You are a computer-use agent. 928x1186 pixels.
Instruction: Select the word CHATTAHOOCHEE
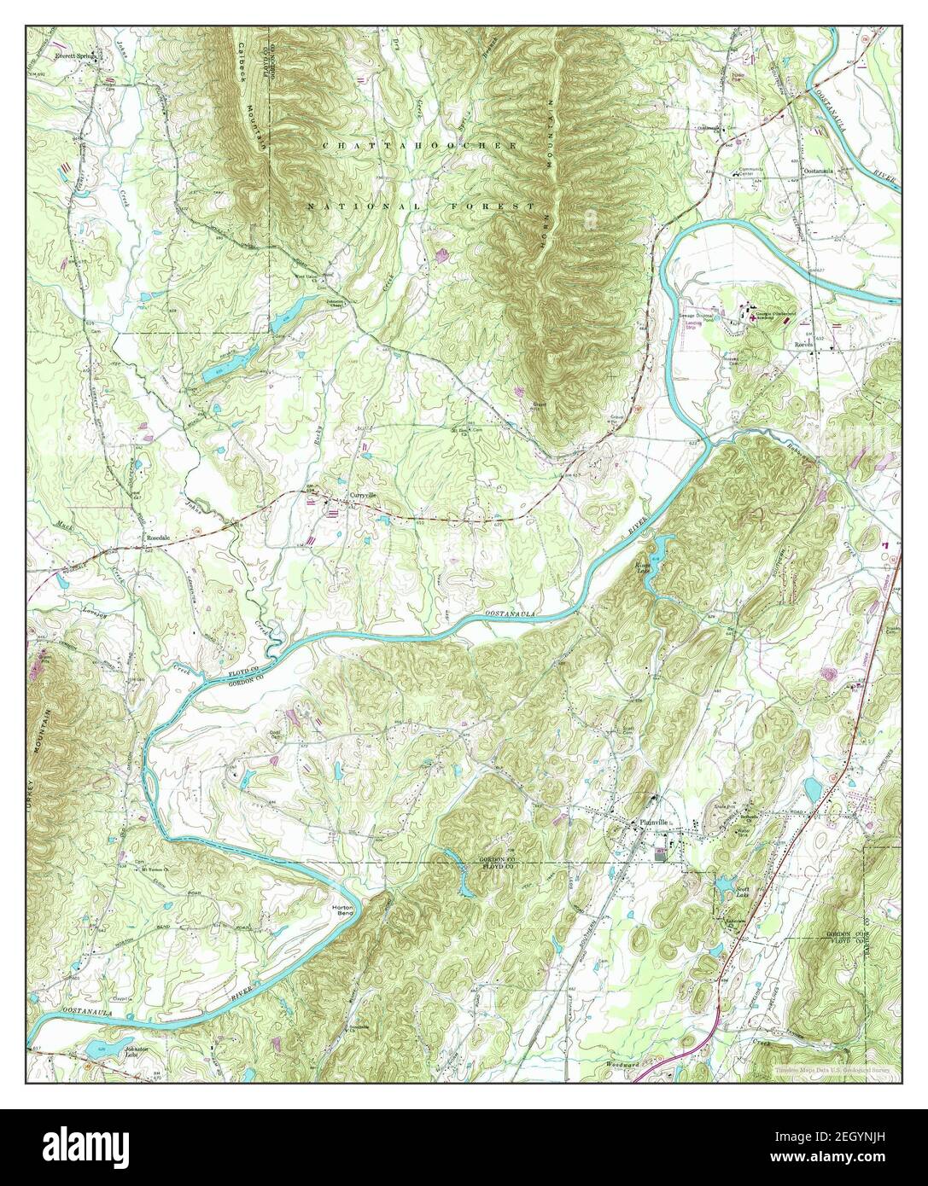419,148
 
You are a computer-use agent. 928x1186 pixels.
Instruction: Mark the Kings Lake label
642,567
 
